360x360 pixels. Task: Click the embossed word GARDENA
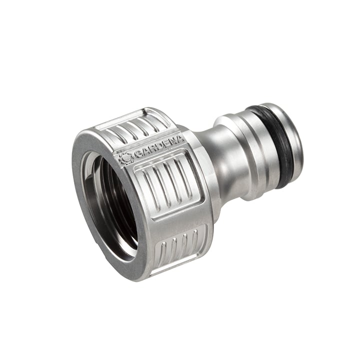tap(159, 147)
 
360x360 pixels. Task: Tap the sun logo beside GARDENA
tap(125, 158)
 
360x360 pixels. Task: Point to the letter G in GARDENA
tap(137, 154)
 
